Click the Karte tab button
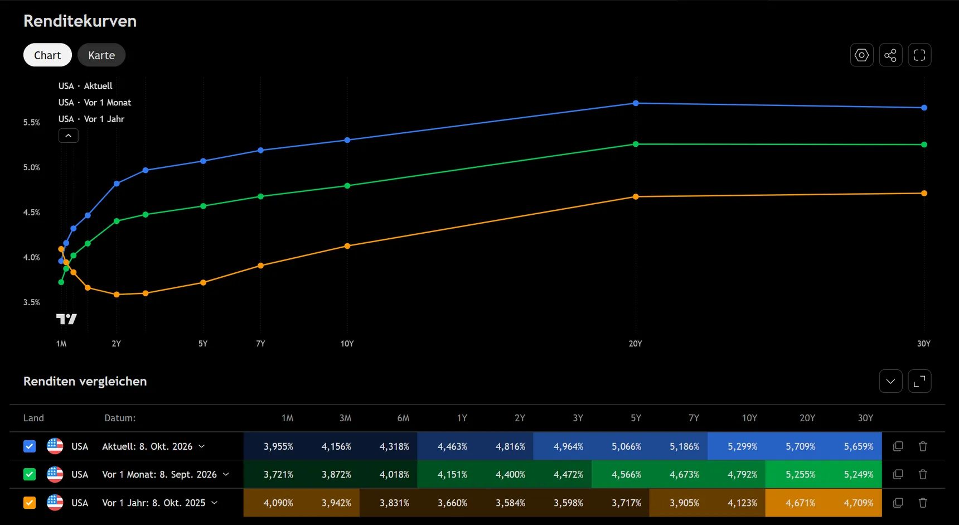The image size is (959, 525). click(101, 55)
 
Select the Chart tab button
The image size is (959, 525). click(47, 55)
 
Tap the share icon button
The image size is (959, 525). click(890, 55)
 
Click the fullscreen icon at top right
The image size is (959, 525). click(919, 55)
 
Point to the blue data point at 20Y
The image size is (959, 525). click(636, 103)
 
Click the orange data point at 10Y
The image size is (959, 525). click(347, 246)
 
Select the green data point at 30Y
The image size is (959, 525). click(924, 145)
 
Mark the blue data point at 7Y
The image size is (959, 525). click(261, 151)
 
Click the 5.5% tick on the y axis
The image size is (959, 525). click(32, 123)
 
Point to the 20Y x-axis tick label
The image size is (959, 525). click(636, 344)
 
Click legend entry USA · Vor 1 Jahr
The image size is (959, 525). click(91, 119)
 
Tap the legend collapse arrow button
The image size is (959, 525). click(69, 136)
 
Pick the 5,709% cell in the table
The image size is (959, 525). click(801, 446)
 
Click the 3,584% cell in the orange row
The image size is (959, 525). click(511, 503)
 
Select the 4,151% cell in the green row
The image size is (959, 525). click(453, 474)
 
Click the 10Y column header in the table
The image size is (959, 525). click(749, 418)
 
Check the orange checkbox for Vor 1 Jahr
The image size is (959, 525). click(30, 503)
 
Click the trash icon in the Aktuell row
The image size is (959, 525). click(923, 446)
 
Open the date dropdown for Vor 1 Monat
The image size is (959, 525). click(226, 474)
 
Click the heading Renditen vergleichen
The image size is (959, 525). click(85, 381)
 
